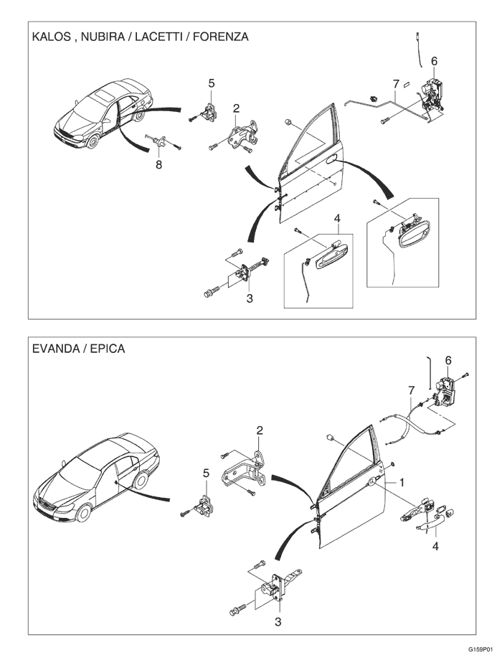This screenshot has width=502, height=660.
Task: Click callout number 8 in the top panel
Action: pos(159,165)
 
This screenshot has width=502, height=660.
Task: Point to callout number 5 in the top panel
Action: pos(212,83)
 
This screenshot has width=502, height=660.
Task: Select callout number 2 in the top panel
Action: pos(236,108)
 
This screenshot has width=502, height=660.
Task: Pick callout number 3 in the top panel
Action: pos(250,298)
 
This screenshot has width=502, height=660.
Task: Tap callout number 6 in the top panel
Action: pos(434,61)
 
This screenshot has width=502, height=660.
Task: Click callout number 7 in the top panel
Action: pos(395,85)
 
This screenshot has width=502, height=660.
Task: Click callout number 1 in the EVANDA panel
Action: pos(402,483)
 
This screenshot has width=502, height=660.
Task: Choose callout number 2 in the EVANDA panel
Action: pos(260,430)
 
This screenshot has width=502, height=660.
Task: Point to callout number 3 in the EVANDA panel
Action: pos(278,621)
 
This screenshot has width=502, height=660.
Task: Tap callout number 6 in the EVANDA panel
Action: pos(449,360)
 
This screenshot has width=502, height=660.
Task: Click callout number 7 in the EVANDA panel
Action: pos(411,390)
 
